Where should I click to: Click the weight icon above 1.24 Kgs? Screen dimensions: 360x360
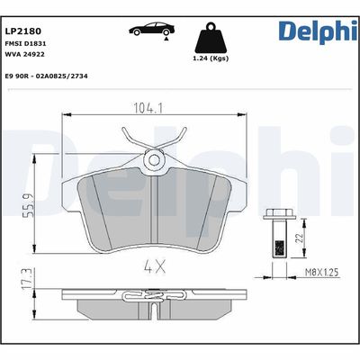(x=211, y=40)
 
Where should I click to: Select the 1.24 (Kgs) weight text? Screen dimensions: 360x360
(x=211, y=59)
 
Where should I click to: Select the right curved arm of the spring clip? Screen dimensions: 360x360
(x=178, y=139)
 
